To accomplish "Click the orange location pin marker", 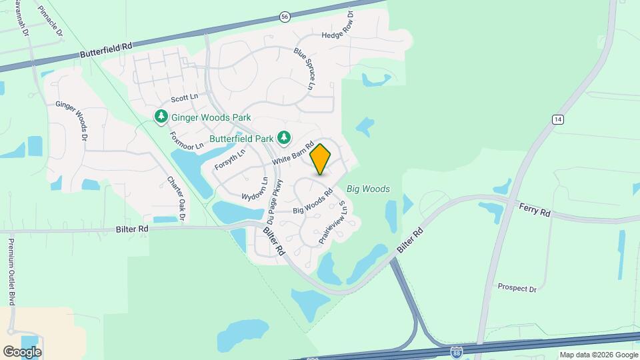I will point(320,159).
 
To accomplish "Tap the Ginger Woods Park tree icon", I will point(161,117).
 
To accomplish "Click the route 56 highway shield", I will point(285,17).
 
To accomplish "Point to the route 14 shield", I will point(558,119).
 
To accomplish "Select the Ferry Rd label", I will point(535,209).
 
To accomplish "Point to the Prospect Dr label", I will point(517,288).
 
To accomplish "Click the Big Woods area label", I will point(367,189).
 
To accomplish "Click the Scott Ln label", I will point(185,98).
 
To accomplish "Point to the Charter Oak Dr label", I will point(175,199).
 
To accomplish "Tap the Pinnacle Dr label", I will point(51,21).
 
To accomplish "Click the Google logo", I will point(22,351).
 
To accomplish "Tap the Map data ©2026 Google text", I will point(599,355).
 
